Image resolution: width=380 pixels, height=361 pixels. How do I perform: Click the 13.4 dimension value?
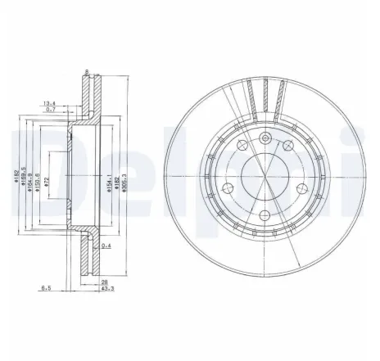(x=50, y=103)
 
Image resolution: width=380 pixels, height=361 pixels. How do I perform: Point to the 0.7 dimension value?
(x=52, y=111)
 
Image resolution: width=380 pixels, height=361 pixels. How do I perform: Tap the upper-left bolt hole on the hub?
(x=242, y=147)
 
